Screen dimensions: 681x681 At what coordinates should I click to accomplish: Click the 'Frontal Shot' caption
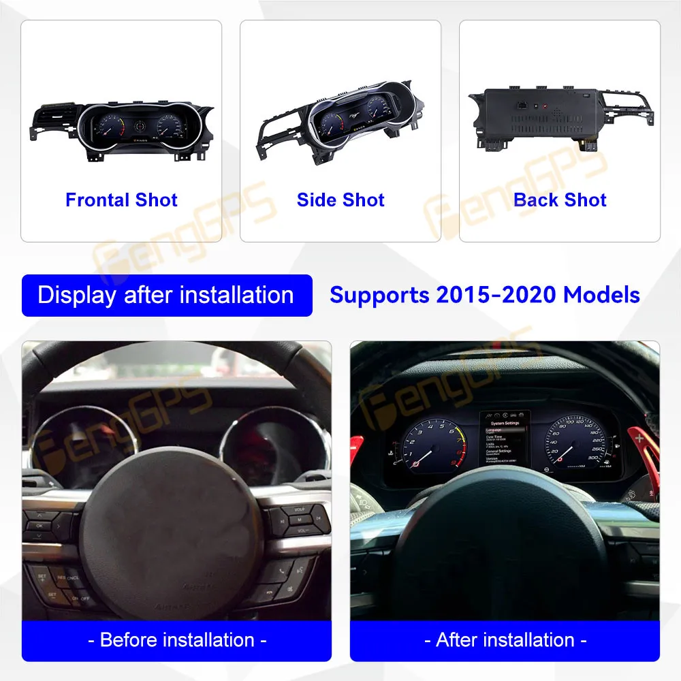point(121,200)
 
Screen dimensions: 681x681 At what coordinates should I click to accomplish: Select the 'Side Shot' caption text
point(340,200)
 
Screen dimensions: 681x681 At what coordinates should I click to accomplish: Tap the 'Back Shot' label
point(560,200)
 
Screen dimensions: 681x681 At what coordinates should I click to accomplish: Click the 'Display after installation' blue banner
point(166,296)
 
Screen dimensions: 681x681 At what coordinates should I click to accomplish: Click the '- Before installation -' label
point(176,640)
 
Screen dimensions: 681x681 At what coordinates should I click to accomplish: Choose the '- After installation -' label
point(505,640)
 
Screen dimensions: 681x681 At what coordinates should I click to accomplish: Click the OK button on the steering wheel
point(38,525)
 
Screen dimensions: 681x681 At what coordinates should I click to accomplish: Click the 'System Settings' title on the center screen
point(503,423)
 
